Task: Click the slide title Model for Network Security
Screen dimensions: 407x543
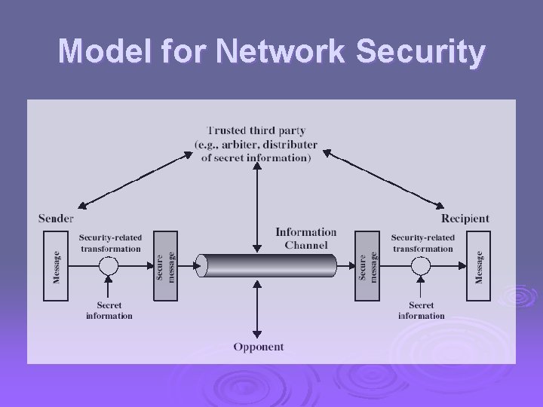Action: pos(271,52)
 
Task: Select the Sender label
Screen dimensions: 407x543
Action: pos(57,219)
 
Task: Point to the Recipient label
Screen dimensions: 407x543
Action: pos(465,219)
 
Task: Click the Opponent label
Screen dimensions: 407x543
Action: pos(258,347)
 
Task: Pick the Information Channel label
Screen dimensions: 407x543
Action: pos(305,238)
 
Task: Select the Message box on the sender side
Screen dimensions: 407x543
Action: pos(57,266)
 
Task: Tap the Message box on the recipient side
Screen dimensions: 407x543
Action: pos(477,266)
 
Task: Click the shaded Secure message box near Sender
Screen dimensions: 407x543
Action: pos(165,266)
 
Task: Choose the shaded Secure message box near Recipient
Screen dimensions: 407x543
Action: pos(367,266)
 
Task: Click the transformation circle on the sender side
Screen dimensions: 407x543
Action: pos(109,266)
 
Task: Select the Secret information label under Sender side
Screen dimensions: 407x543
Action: pos(109,311)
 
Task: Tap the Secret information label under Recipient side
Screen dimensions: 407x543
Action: pos(422,311)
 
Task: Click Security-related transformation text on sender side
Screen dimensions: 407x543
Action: pos(110,243)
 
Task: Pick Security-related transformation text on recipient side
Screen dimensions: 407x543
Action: pos(422,243)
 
